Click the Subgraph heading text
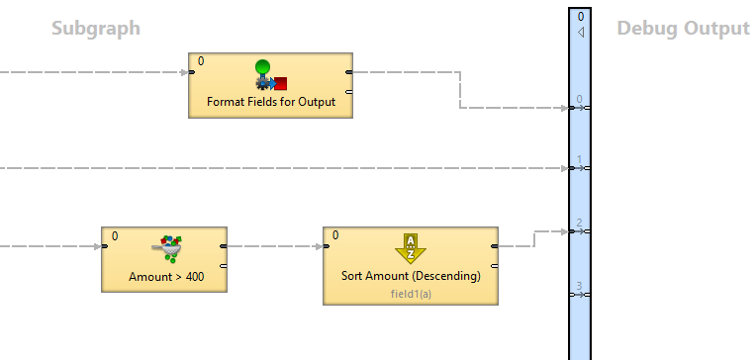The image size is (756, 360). pyautogui.click(x=96, y=29)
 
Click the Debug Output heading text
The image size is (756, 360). pyautogui.click(x=683, y=29)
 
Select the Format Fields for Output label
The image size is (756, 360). pyautogui.click(x=271, y=102)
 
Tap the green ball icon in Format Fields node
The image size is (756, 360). pyautogui.click(x=262, y=68)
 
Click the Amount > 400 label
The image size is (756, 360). pyautogui.click(x=166, y=277)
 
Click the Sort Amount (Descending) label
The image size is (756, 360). pyautogui.click(x=411, y=276)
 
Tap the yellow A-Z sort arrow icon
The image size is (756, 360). pyautogui.click(x=411, y=247)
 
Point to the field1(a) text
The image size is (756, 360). pyautogui.click(x=411, y=294)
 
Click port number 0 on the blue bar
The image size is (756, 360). pyautogui.click(x=580, y=100)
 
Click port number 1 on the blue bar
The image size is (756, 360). pyautogui.click(x=580, y=160)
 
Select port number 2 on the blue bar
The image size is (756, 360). pyautogui.click(x=580, y=224)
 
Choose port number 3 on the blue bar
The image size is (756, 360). pyautogui.click(x=580, y=287)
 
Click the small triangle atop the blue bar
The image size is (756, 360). pyautogui.click(x=581, y=32)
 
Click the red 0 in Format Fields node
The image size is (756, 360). pyautogui.click(x=201, y=61)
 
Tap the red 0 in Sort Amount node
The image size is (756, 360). pyautogui.click(x=335, y=235)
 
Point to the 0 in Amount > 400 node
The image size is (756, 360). pyautogui.click(x=115, y=235)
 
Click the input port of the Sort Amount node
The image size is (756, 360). pyautogui.click(x=326, y=246)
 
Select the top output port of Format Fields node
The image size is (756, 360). pyautogui.click(x=348, y=71)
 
